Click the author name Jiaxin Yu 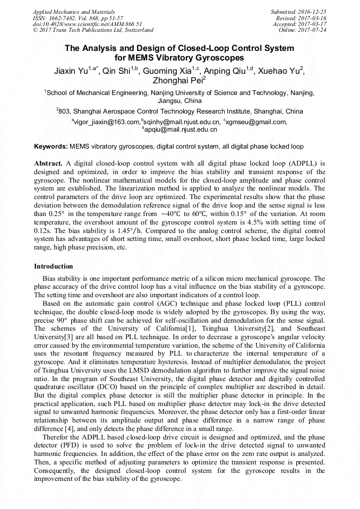71,70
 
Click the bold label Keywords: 51,146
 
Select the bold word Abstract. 48,163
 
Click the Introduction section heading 53,266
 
